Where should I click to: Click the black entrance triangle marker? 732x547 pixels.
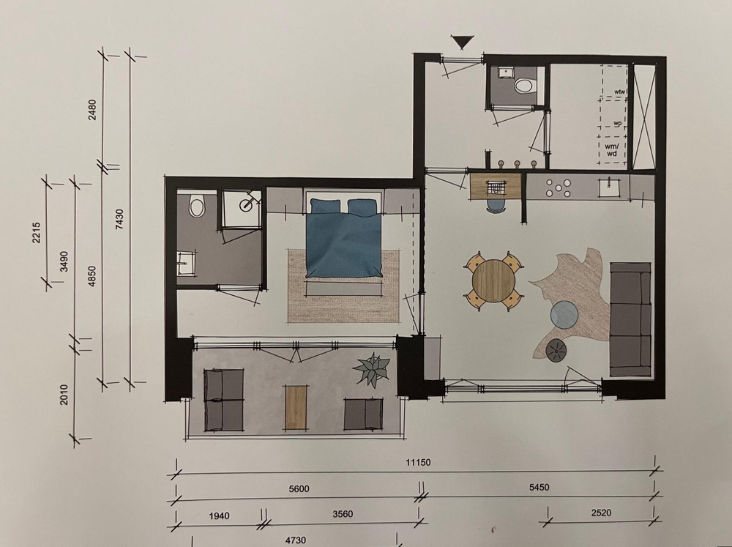[x=463, y=42]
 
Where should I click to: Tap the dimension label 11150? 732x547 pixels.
[x=418, y=463]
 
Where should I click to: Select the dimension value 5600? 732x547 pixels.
[x=299, y=488]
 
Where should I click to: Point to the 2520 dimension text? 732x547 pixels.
[x=601, y=513]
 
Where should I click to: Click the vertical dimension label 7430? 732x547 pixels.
[x=119, y=219]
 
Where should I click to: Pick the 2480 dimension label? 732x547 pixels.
[x=92, y=110]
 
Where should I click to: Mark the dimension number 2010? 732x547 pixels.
[x=64, y=395]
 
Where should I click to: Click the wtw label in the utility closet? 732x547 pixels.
[x=619, y=92]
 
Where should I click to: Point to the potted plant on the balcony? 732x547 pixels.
[x=372, y=369]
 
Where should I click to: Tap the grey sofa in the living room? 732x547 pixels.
[x=630, y=319]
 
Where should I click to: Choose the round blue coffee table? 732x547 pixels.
[x=565, y=314]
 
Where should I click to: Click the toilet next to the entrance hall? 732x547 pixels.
[x=525, y=86]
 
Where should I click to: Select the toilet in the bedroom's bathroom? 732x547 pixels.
[x=197, y=207]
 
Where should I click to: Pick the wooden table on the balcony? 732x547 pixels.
[x=296, y=407]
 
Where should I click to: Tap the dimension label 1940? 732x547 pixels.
[x=219, y=516]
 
